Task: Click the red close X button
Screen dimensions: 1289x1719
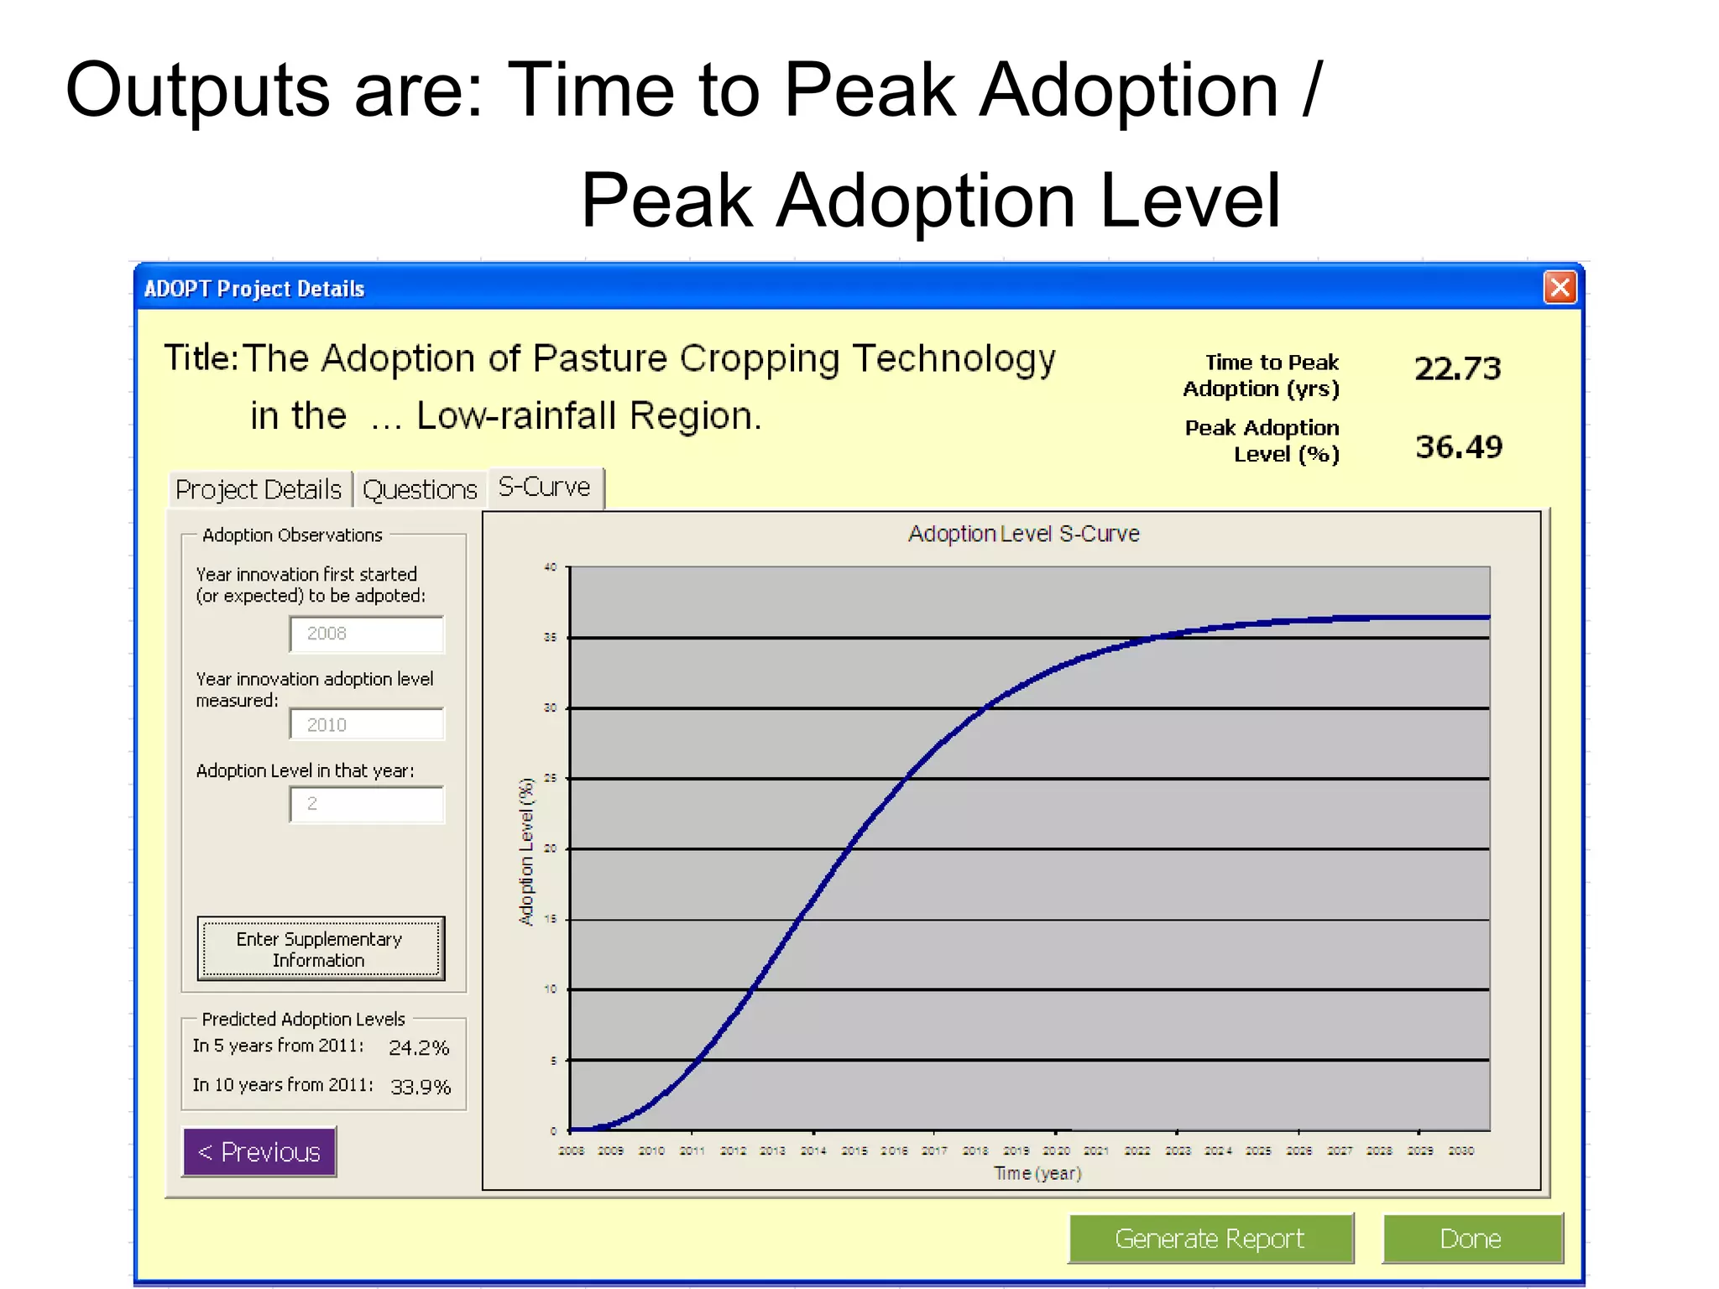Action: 1560,288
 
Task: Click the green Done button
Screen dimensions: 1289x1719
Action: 1471,1239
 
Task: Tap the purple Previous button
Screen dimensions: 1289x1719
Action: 259,1152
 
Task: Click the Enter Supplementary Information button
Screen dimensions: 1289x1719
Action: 321,949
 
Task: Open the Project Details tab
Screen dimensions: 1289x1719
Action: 259,489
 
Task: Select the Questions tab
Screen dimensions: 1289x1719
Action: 420,489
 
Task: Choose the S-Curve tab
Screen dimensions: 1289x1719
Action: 545,488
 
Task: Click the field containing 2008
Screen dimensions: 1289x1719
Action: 367,634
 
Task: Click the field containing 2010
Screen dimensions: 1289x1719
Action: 367,724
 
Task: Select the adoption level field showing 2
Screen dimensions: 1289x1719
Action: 367,804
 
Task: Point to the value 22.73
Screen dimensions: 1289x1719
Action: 1458,368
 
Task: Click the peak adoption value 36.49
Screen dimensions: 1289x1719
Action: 1459,446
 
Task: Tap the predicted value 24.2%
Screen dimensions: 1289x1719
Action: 419,1047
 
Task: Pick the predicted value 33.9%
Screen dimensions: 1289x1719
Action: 421,1087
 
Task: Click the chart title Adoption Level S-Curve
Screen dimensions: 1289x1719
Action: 1023,534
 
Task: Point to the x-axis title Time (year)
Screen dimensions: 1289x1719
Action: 1037,1173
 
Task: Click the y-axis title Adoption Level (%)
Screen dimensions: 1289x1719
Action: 526,851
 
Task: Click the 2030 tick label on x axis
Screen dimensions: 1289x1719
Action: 1460,1151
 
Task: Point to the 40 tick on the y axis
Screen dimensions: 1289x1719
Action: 550,567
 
